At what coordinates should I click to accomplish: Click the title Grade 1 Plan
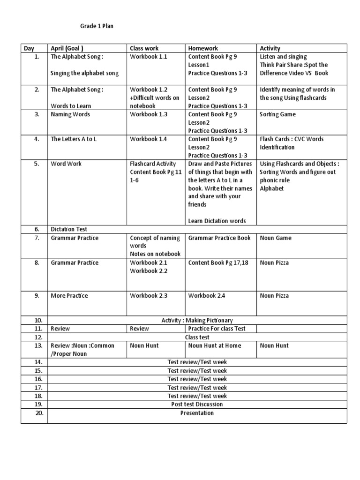tap(96, 26)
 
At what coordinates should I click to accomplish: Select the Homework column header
tap(203, 48)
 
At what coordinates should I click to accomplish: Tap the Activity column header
tap(270, 48)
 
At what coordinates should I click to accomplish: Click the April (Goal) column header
tap(67, 48)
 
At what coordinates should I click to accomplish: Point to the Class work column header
tap(144, 48)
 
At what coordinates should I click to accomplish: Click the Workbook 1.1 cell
tap(149, 57)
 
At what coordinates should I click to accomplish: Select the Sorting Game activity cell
tap(278, 114)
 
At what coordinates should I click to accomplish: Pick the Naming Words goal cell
tap(70, 114)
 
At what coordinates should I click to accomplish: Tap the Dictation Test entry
tap(69, 229)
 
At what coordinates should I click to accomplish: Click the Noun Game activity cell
tap(276, 238)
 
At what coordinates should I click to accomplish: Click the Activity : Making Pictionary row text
tap(197, 320)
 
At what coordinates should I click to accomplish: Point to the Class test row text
tap(197, 337)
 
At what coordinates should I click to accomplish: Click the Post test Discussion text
tap(197, 404)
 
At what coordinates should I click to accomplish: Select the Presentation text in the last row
tap(197, 413)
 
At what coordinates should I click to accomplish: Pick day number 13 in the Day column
tap(38, 346)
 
